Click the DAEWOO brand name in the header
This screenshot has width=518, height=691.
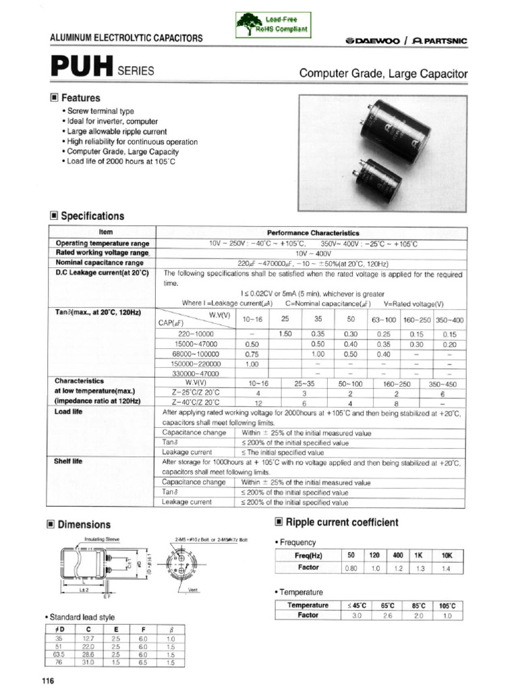(x=375, y=40)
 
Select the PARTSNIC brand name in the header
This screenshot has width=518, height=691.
(x=441, y=40)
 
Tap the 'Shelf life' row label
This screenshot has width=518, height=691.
(x=68, y=462)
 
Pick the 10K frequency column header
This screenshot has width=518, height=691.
(x=447, y=555)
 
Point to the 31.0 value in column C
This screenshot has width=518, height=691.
(x=88, y=663)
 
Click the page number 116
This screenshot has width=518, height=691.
(x=47, y=681)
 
